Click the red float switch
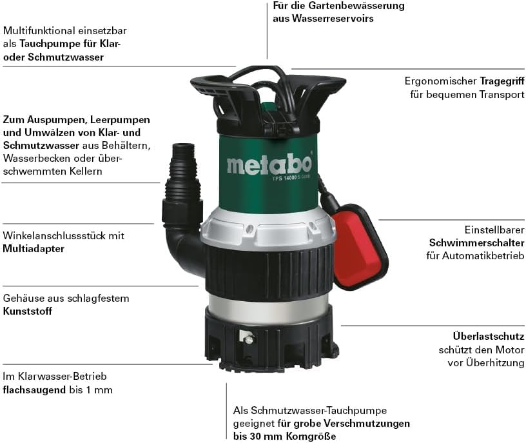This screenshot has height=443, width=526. pos(360,247)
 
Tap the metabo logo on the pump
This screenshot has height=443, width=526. pos(269,164)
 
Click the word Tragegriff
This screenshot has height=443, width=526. pos(502,81)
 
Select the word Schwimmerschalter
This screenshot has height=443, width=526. pos(477,242)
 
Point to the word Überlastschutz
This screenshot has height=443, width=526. pos(489,336)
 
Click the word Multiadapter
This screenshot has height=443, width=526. pos(34,249)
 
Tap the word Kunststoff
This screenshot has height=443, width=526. pos(28,311)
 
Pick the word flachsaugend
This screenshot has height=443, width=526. pos(34,390)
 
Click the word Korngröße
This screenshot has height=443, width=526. pos(311,437)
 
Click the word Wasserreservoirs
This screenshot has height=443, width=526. pos(333,19)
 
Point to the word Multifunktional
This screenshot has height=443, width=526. pos(39,30)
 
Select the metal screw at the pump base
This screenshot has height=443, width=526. pos(249,340)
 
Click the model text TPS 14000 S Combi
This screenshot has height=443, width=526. pos(291,177)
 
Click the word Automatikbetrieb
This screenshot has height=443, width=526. pos(483,256)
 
